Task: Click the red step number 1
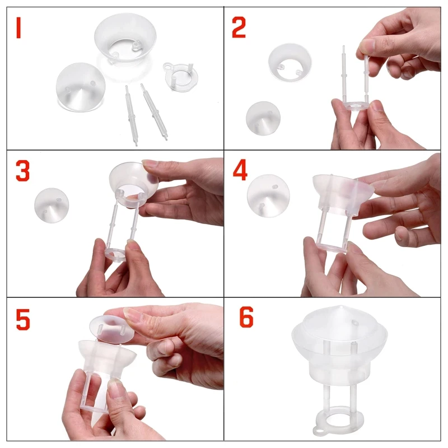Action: click(18, 29)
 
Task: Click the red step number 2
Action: click(239, 28)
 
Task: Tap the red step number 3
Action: click(22, 172)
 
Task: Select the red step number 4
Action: click(240, 171)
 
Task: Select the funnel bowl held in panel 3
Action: click(133, 181)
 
